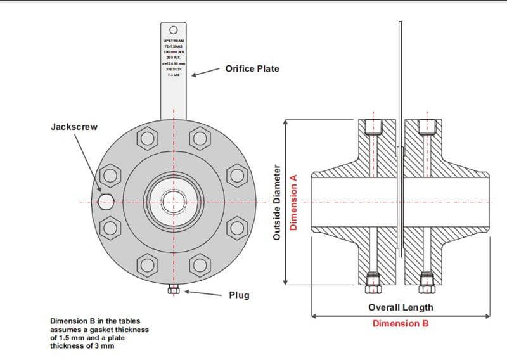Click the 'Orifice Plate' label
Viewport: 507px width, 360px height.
252,68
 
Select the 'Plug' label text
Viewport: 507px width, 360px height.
240,295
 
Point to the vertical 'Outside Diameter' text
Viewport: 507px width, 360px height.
276,202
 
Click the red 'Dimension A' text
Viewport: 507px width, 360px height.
293,202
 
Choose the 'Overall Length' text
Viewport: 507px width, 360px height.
401,307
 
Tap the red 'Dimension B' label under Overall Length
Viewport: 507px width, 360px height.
401,323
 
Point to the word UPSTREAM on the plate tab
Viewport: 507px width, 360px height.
173,40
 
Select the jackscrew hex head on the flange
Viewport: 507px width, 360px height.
105,202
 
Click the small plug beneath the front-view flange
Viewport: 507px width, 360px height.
173,290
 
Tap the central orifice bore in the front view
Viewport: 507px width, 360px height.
173,202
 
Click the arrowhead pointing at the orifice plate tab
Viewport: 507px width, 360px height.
195,75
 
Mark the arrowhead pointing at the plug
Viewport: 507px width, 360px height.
185,292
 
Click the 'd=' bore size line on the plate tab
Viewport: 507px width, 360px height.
173,63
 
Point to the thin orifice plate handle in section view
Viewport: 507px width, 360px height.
400,76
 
